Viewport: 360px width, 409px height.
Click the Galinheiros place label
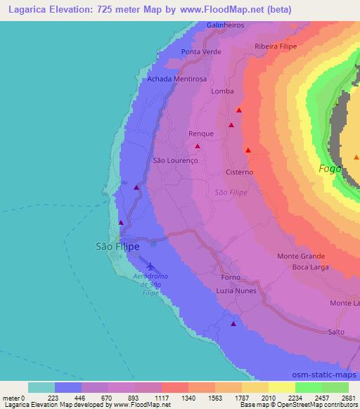pyautogui.click(x=225, y=25)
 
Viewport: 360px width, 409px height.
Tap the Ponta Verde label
pyautogui.click(x=201, y=52)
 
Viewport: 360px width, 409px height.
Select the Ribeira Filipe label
pyautogui.click(x=276, y=46)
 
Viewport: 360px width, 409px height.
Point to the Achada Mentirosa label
pyautogui.click(x=176, y=79)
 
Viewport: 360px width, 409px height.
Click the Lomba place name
pyautogui.click(x=222, y=91)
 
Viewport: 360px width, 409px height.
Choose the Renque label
pyautogui.click(x=200, y=132)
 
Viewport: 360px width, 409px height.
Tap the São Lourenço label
pyautogui.click(x=176, y=160)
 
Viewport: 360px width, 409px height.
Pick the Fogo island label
pyautogui.click(x=329, y=169)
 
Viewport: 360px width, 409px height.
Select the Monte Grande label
pyautogui.click(x=301, y=257)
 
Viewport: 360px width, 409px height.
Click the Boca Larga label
pyautogui.click(x=310, y=267)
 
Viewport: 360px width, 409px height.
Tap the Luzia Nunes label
pyautogui.click(x=236, y=290)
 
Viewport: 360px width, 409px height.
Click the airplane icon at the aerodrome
pyautogui.click(x=150, y=266)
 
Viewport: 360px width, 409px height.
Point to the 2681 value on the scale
pyautogui.click(x=349, y=398)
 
